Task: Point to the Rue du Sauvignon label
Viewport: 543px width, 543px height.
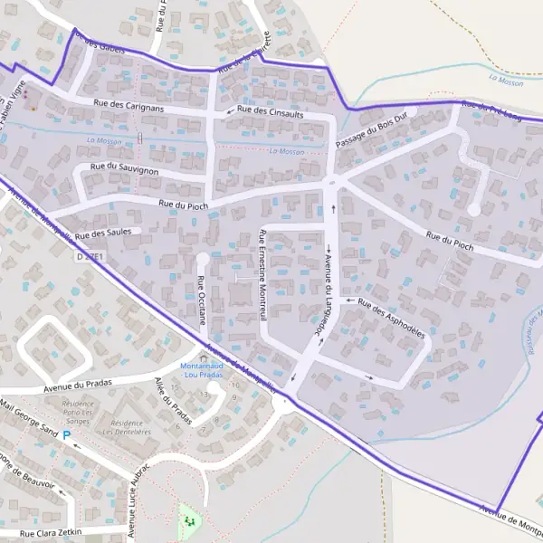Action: [125, 168]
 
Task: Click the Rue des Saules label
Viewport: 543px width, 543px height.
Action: [103, 233]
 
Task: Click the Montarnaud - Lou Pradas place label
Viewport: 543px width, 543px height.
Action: [203, 369]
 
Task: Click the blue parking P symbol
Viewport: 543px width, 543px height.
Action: [66, 435]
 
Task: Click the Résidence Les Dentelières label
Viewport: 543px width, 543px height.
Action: [128, 427]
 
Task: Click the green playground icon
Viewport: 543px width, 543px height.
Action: [189, 519]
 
